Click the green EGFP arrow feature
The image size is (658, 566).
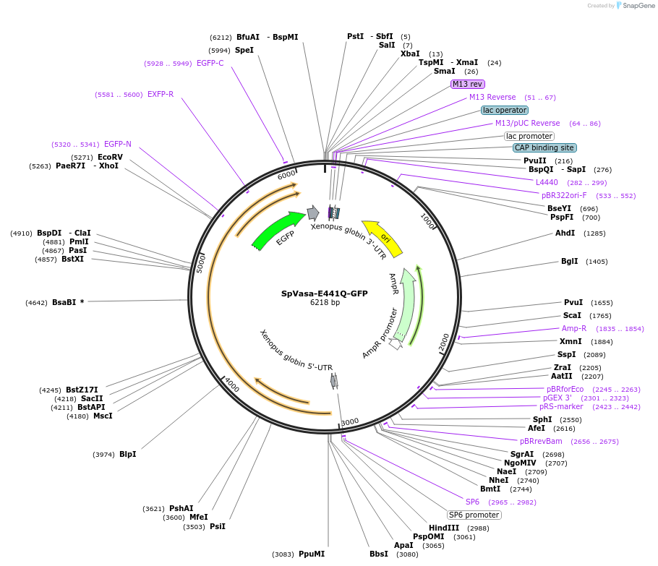pos(278,229)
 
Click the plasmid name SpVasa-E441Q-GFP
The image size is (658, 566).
pos(324,293)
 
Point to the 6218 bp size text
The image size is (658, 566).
pos(325,303)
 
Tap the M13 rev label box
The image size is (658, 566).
pos(467,84)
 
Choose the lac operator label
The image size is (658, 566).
pos(504,110)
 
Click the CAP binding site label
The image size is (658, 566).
pos(544,147)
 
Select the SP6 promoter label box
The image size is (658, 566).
pos(474,515)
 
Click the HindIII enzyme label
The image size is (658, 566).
pos(443,528)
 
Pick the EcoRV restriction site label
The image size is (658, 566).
pos(110,157)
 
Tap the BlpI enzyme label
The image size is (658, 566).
pos(127,454)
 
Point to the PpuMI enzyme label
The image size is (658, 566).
pos(311,554)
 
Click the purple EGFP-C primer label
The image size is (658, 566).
pos(210,63)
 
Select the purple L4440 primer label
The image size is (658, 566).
pos(547,182)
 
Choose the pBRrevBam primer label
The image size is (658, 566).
pos(540,441)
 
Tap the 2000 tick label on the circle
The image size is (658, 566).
pos(444,341)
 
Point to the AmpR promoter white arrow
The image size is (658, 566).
pos(396,344)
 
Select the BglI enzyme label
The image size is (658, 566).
pos(569,261)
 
